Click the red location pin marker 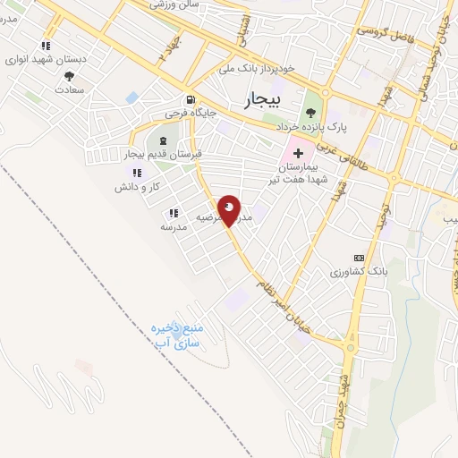229,209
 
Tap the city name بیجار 261,99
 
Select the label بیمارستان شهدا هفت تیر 302,172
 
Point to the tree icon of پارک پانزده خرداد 310,112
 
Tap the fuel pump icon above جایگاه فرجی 189,100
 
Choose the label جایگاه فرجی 187,114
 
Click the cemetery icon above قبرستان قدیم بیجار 162,141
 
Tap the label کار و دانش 136,188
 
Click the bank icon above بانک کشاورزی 359,257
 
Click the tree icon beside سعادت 70,77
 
